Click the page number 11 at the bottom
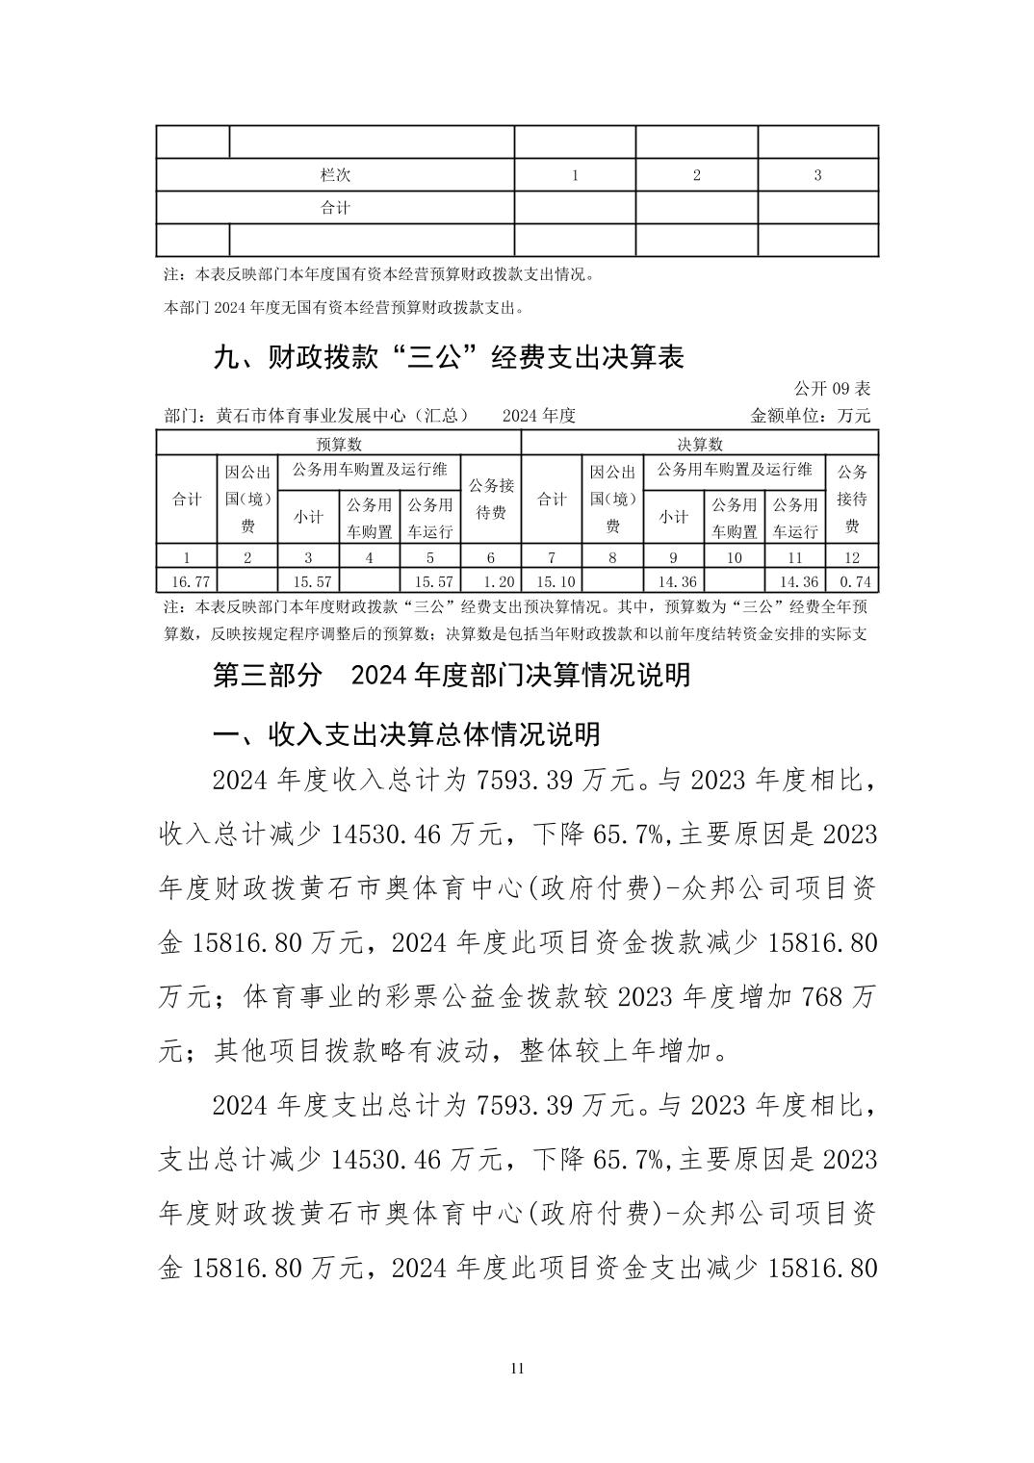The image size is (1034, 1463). pyautogui.click(x=517, y=1369)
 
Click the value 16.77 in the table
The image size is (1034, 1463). pyautogui.click(x=187, y=581)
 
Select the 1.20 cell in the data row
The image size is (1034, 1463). pyautogui.click(x=491, y=581)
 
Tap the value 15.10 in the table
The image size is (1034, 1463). pyautogui.click(x=552, y=581)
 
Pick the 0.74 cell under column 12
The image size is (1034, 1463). pyautogui.click(x=851, y=581)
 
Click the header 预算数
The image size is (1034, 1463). pyautogui.click(x=338, y=444)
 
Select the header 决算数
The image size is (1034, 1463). pyautogui.click(x=699, y=444)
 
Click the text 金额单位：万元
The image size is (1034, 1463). pyautogui.click(x=810, y=416)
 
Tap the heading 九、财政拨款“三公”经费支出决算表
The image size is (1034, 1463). pyautogui.click(x=449, y=358)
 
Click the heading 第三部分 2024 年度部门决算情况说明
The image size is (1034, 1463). pyautogui.click(x=451, y=675)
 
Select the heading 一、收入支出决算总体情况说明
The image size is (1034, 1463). pyautogui.click(x=406, y=734)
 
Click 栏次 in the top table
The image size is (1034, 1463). pyautogui.click(x=335, y=175)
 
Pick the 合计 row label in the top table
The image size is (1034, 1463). pyautogui.click(x=335, y=207)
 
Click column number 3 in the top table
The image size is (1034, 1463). pyautogui.click(x=817, y=175)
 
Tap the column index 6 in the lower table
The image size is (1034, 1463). pyautogui.click(x=491, y=557)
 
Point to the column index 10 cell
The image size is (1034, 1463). pyautogui.click(x=735, y=557)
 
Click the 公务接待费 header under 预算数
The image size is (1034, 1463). pyautogui.click(x=491, y=500)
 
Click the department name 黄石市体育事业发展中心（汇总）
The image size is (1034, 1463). pyautogui.click(x=342, y=416)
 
